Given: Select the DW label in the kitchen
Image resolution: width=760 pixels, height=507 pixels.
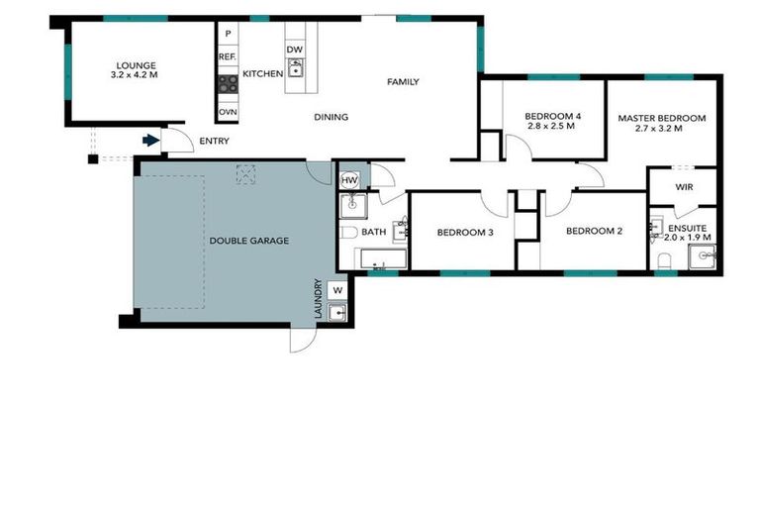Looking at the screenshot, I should point(294,50).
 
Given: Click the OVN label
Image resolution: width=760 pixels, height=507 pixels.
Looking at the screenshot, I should point(227,112).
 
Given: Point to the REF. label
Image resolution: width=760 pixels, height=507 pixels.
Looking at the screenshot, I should point(227,57).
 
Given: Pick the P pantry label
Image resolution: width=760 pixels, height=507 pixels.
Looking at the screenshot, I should point(227,35).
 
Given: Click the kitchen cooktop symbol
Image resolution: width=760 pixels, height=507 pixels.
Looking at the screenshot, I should point(227,84).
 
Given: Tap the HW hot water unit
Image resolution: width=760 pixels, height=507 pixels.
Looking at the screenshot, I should point(349,180).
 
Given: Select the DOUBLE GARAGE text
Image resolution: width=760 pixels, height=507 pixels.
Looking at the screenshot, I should point(248,241).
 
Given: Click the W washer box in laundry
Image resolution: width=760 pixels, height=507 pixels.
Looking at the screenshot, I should point(337,290).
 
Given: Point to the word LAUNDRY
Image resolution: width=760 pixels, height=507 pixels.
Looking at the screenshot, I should point(318,298).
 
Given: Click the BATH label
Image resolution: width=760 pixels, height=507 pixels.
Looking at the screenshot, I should point(373,233).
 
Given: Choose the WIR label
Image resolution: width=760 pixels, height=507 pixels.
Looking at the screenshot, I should point(683,187).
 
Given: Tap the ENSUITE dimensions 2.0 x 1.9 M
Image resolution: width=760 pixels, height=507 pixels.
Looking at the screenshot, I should point(687,238).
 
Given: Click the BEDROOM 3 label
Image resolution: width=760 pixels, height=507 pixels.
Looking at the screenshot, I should point(464,233).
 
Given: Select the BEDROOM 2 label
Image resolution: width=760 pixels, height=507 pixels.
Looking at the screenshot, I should point(594,233).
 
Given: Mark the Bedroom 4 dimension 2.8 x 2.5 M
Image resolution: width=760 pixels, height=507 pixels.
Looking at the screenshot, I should point(553,127).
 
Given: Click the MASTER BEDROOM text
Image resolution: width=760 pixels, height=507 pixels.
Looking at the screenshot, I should point(662,119).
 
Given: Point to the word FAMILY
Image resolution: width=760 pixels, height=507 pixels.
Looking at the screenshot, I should point(403,82).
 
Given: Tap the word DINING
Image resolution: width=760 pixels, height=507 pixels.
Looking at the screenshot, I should point(332,118).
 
